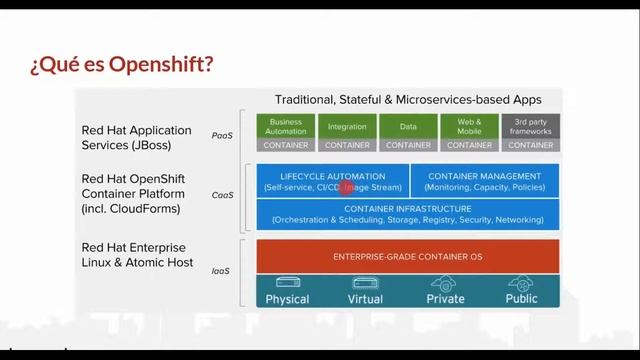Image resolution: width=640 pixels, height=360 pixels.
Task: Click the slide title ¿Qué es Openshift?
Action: [x=121, y=66]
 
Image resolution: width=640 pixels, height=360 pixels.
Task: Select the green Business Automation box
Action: [x=286, y=126]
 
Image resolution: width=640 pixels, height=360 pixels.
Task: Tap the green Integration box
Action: [x=347, y=126]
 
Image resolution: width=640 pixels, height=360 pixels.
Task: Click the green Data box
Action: [x=408, y=126]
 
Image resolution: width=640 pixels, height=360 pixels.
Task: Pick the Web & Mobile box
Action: [x=469, y=126]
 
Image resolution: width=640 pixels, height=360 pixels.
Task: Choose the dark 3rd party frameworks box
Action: [x=530, y=126]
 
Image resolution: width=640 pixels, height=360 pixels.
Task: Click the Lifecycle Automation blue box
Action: [x=332, y=180]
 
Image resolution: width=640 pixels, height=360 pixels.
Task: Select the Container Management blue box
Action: [x=485, y=180]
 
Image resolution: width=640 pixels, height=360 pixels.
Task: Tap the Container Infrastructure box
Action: [x=408, y=213]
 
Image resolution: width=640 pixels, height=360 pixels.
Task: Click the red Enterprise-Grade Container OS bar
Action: [x=408, y=257]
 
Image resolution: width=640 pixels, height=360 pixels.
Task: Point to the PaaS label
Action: [x=222, y=135]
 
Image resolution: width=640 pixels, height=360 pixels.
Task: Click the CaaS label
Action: [x=222, y=195]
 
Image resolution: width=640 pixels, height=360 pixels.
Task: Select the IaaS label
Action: [x=222, y=270]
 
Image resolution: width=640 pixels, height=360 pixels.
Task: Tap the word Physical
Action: [x=288, y=299]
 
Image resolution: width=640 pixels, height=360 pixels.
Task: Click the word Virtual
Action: [x=365, y=299]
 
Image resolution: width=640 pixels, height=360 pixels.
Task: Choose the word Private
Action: [x=446, y=299]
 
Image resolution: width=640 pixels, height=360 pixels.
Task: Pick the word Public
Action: [x=521, y=299]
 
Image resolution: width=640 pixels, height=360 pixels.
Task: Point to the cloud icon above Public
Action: [x=521, y=283]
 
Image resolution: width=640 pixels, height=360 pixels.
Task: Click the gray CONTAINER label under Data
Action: [x=408, y=145]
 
